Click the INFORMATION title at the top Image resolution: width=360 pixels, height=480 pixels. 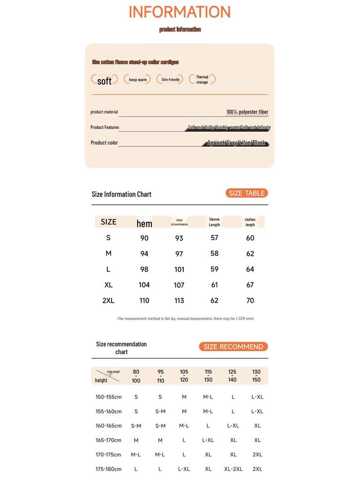tap(180, 12)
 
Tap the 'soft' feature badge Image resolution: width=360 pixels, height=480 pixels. tap(105, 81)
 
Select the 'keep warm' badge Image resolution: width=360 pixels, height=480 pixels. tap(137, 80)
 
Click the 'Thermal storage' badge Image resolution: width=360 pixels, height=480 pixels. tap(202, 80)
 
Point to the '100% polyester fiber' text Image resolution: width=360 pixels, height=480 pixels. tap(247, 112)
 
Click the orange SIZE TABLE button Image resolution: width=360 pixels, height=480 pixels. tap(247, 193)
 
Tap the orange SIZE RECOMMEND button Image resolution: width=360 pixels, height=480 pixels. tap(233, 347)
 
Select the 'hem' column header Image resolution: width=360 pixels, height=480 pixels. tap(144, 224)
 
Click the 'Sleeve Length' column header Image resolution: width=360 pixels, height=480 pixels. tap(214, 222)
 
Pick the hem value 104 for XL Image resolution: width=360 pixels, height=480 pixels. tap(144, 285)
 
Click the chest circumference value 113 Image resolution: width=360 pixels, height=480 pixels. tap(179, 301)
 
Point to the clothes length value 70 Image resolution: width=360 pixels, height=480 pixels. tap(250, 301)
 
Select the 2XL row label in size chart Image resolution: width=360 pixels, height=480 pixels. tap(108, 301)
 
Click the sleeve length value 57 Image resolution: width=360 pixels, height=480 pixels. tap(214, 238)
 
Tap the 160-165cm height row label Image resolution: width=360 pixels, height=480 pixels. tap(108, 426)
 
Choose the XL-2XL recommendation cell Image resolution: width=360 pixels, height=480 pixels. tap(233, 469)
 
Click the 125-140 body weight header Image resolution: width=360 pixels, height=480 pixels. tap(232, 376)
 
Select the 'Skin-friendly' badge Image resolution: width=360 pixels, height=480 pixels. tap(170, 80)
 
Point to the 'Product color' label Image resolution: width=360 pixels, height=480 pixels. tap(104, 142)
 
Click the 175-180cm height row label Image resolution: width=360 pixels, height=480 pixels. tap(108, 469)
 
